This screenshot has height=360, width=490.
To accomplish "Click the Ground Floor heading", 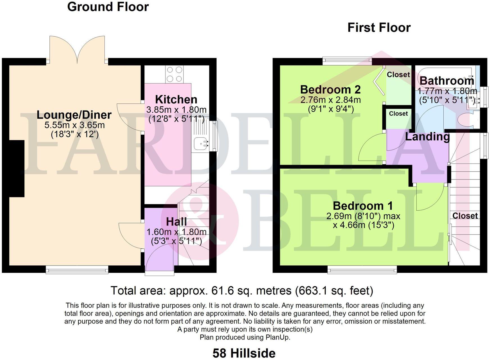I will point(108,7).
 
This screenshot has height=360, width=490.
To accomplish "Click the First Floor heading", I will point(379,28).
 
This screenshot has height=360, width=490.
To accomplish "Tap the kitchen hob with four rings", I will point(174,74).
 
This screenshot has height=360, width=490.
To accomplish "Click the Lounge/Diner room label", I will point(74,115).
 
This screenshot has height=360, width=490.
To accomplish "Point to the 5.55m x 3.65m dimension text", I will point(75,125).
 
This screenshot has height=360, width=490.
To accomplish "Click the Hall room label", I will point(176,222).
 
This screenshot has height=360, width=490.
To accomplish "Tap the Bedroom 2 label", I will point(330,89).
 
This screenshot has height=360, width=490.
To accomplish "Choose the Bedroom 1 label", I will point(363,206).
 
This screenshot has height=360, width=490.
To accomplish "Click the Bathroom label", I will point(447,81).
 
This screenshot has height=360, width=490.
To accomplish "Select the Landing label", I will point(427,137).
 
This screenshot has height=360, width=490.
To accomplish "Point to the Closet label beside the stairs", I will point(465,216).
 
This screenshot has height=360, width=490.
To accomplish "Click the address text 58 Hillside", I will point(244,353).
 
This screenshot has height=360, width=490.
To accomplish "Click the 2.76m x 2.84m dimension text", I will point(330,100).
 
